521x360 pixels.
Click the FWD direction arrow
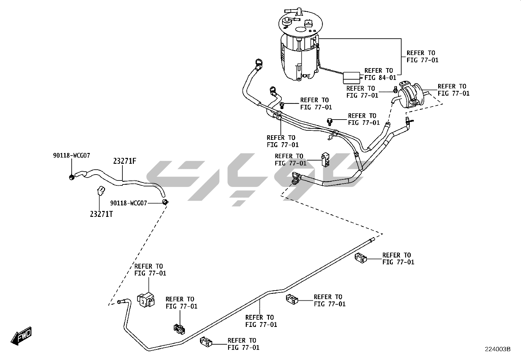(x=22, y=336)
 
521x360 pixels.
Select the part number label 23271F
(x=125, y=161)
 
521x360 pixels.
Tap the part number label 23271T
(x=101, y=214)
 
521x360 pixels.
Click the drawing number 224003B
(x=498, y=349)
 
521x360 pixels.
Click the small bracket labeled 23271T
(x=100, y=190)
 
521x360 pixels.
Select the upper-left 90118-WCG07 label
(x=71, y=155)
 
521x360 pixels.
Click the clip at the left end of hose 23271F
(x=71, y=177)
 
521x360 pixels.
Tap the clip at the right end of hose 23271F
(x=165, y=201)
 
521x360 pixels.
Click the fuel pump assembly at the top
(x=299, y=46)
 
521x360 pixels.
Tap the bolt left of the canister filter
(x=395, y=89)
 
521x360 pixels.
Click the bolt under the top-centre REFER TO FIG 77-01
(x=282, y=105)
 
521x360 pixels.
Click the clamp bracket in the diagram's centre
(x=325, y=159)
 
